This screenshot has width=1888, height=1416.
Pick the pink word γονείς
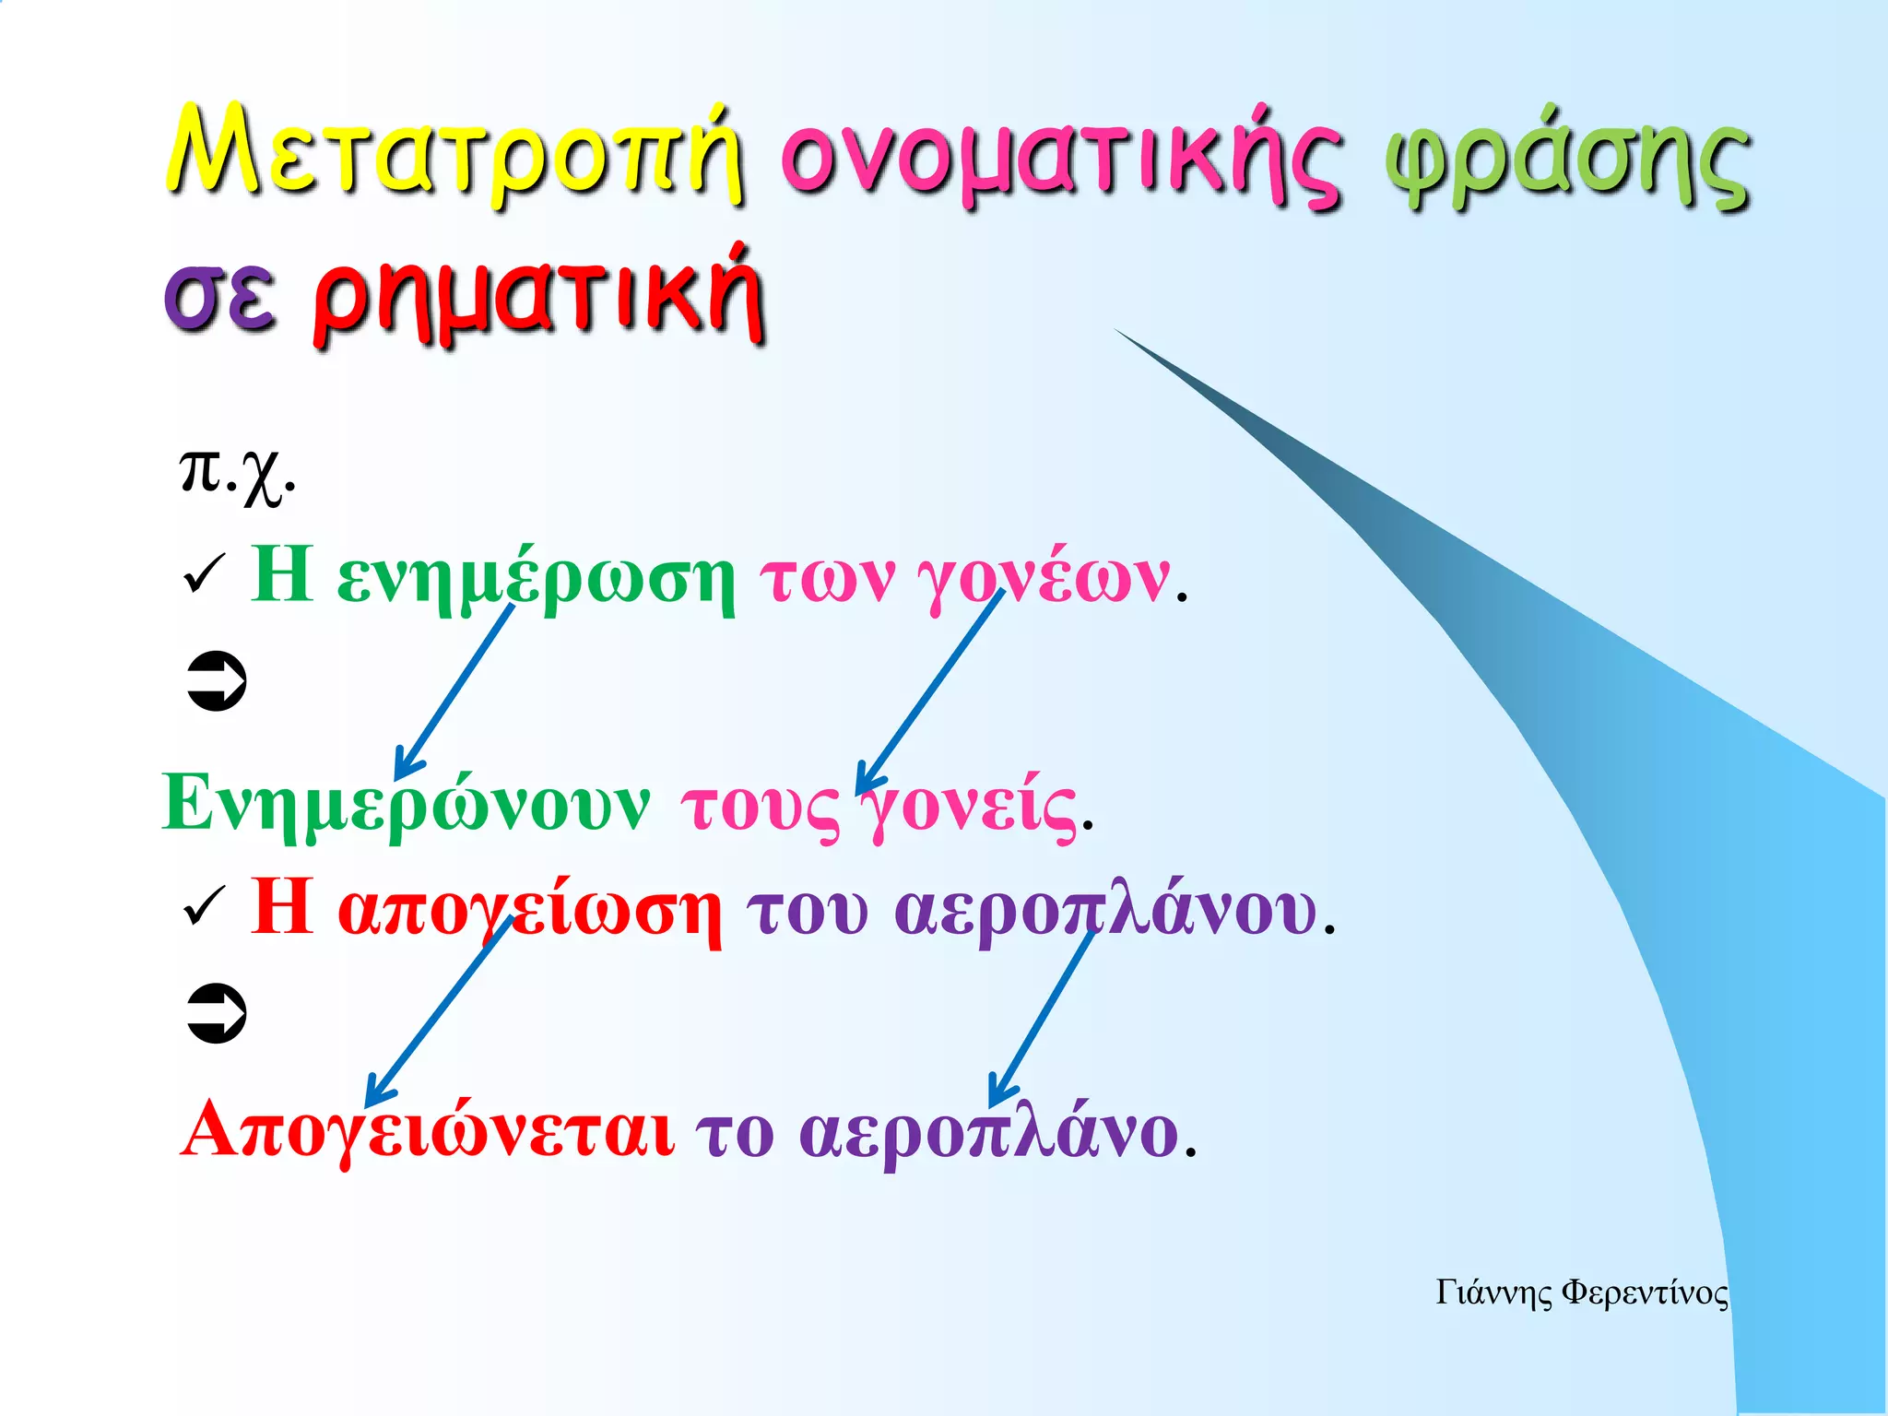coord(968,807)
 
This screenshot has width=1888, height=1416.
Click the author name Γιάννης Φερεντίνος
coord(1581,1292)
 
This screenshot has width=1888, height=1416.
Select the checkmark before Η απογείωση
coord(204,908)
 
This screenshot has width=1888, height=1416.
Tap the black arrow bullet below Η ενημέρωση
coord(217,682)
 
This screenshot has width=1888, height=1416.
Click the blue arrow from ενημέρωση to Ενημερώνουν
coord(454,691)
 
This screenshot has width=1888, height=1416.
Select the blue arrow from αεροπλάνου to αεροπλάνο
coord(1042,1019)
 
